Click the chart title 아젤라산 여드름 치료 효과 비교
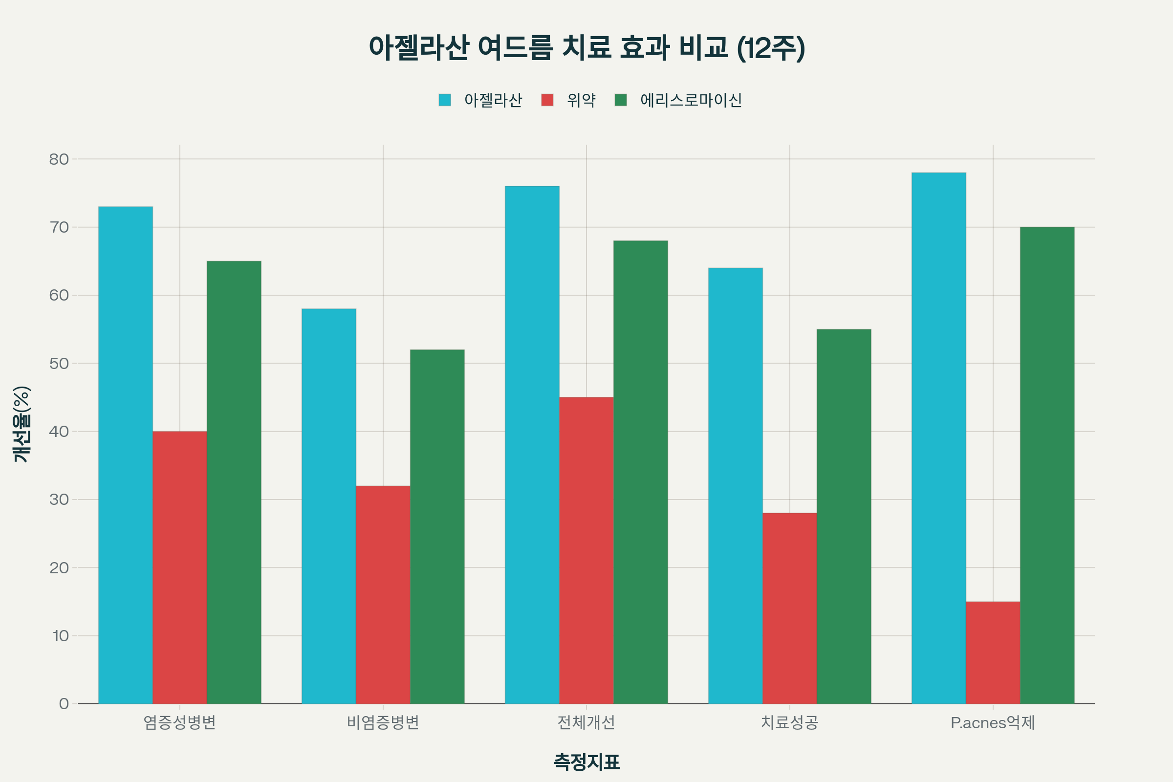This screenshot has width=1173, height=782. click(586, 48)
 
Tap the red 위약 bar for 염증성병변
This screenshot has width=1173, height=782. click(179, 567)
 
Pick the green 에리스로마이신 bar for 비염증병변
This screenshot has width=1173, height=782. click(437, 527)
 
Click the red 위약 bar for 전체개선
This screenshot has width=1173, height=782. click(586, 551)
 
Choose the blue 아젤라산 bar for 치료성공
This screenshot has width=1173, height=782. click(735, 486)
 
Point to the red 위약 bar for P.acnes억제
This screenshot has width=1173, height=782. click(993, 653)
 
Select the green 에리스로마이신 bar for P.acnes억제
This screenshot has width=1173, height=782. click(1047, 465)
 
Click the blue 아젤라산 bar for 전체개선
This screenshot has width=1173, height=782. click(532, 445)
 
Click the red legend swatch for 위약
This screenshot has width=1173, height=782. click(547, 100)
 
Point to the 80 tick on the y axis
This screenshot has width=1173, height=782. click(59, 159)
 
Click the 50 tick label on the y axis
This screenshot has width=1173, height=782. click(59, 364)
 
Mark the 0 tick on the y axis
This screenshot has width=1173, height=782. click(64, 704)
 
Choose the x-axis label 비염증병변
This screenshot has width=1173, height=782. click(383, 723)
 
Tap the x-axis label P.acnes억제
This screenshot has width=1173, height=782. click(993, 723)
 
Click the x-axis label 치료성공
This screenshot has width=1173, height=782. click(789, 723)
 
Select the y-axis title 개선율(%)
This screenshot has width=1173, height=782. click(22, 424)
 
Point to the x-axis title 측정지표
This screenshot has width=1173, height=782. click(586, 762)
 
